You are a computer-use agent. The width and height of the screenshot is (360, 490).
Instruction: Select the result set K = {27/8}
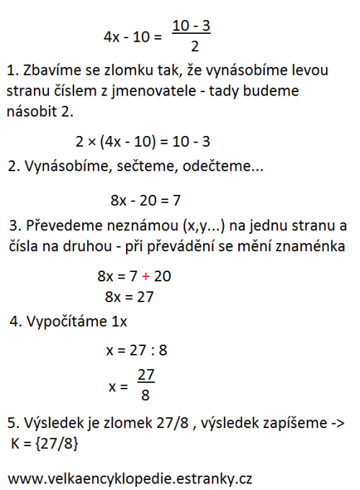[45, 446]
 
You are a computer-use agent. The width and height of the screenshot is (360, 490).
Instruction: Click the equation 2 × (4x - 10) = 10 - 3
[143, 142]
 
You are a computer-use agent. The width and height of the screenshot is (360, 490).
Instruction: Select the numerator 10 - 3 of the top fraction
[191, 26]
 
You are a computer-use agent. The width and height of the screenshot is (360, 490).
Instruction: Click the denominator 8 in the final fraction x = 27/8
[145, 395]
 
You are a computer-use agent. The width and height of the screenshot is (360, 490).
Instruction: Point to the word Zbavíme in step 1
[50, 71]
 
